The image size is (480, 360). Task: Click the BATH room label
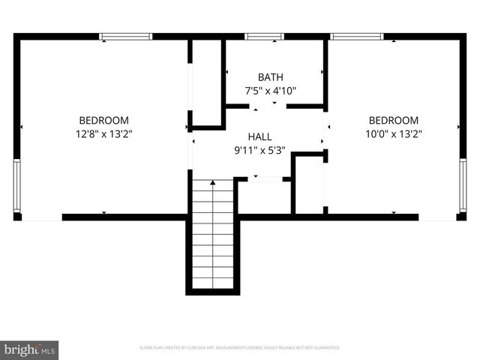270,77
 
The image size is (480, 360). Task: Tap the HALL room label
259,137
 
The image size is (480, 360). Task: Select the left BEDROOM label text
104,120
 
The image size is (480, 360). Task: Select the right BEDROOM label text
393,120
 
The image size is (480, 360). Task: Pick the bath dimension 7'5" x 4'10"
270,91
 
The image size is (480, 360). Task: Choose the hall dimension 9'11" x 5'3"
259,151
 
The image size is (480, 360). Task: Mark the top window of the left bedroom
125,36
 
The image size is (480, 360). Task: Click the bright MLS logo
29,349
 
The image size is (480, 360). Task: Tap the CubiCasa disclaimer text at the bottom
240,348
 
